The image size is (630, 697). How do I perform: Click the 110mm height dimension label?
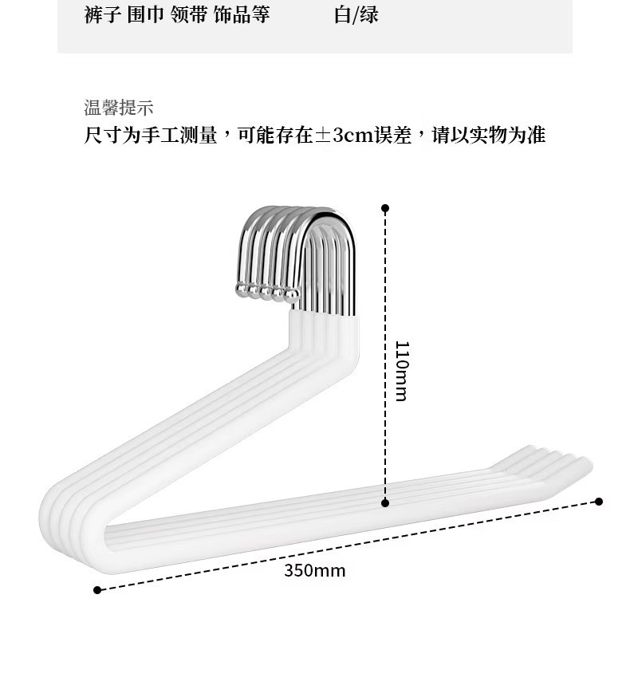[401, 371]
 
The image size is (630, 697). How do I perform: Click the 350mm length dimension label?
[315, 571]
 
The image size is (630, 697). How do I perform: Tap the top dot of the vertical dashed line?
[385, 208]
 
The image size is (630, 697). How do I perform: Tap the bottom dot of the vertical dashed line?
[385, 503]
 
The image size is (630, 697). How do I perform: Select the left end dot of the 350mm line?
[97, 590]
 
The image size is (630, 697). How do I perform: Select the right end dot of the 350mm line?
[599, 502]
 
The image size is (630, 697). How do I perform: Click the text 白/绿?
[356, 15]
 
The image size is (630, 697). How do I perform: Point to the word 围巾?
[145, 15]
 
